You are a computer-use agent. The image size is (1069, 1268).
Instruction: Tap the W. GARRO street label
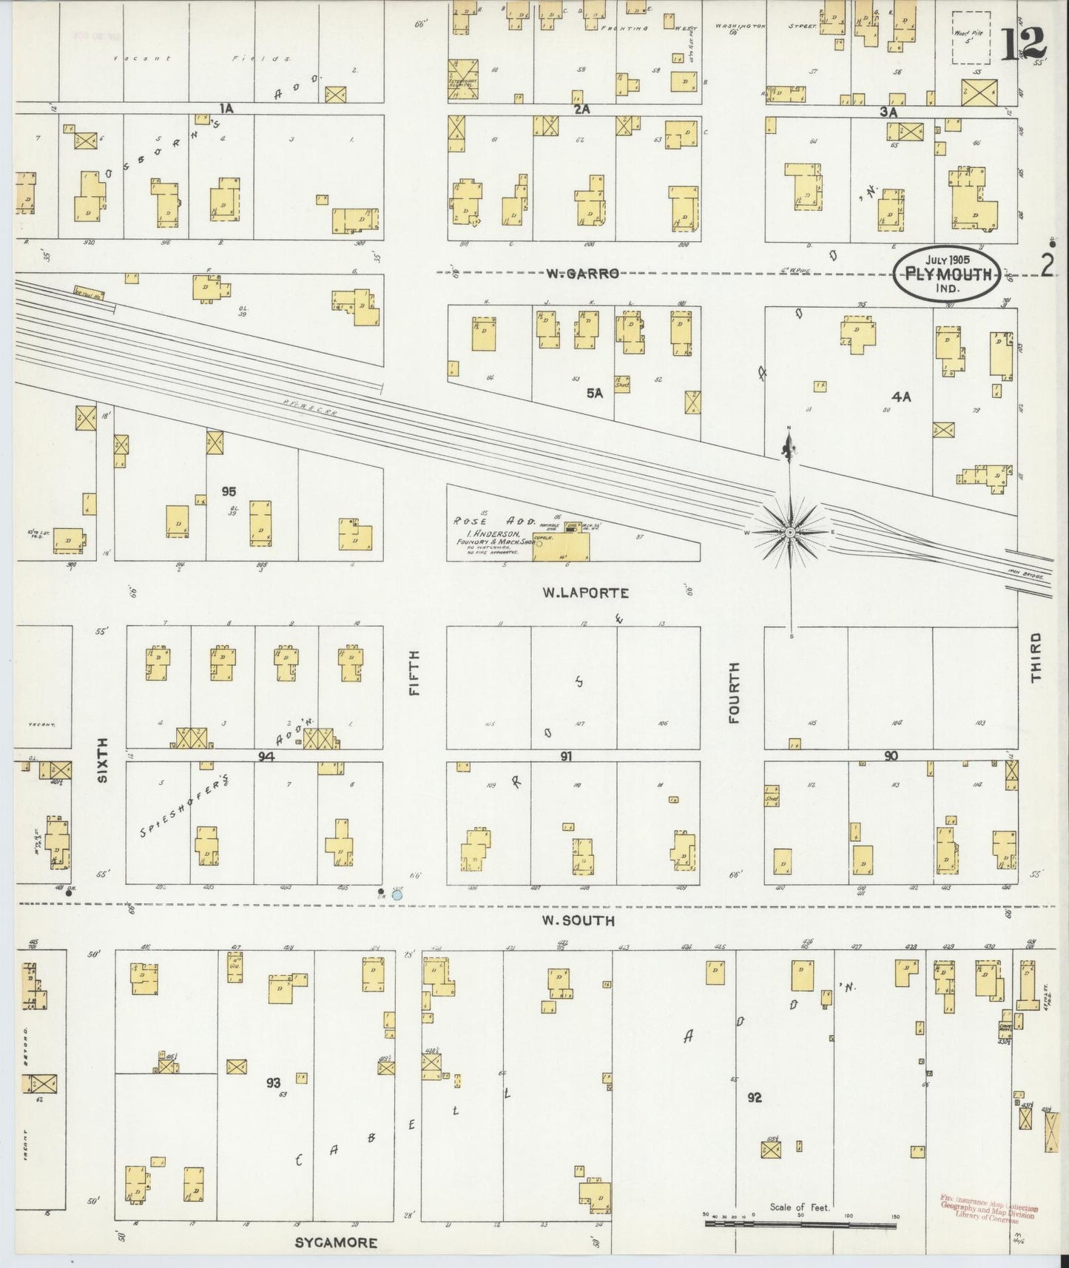tap(581, 274)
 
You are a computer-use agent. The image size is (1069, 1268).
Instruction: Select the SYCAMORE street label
tap(336, 1243)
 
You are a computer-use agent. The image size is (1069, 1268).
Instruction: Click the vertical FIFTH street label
tap(414, 672)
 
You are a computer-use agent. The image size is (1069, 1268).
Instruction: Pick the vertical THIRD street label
tap(1035, 657)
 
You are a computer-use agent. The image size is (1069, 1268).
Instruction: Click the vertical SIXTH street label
tap(103, 760)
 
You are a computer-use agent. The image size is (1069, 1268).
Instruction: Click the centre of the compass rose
tap(790, 532)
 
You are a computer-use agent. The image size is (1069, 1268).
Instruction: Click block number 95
tap(229, 491)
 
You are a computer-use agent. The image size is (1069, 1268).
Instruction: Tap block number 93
tap(274, 1082)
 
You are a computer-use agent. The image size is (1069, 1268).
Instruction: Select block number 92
tap(754, 1097)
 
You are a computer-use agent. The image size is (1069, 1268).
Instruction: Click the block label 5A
tap(595, 394)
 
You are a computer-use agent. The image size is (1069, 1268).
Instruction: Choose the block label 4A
tap(900, 397)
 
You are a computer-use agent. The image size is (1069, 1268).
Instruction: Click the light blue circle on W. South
tap(397, 894)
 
